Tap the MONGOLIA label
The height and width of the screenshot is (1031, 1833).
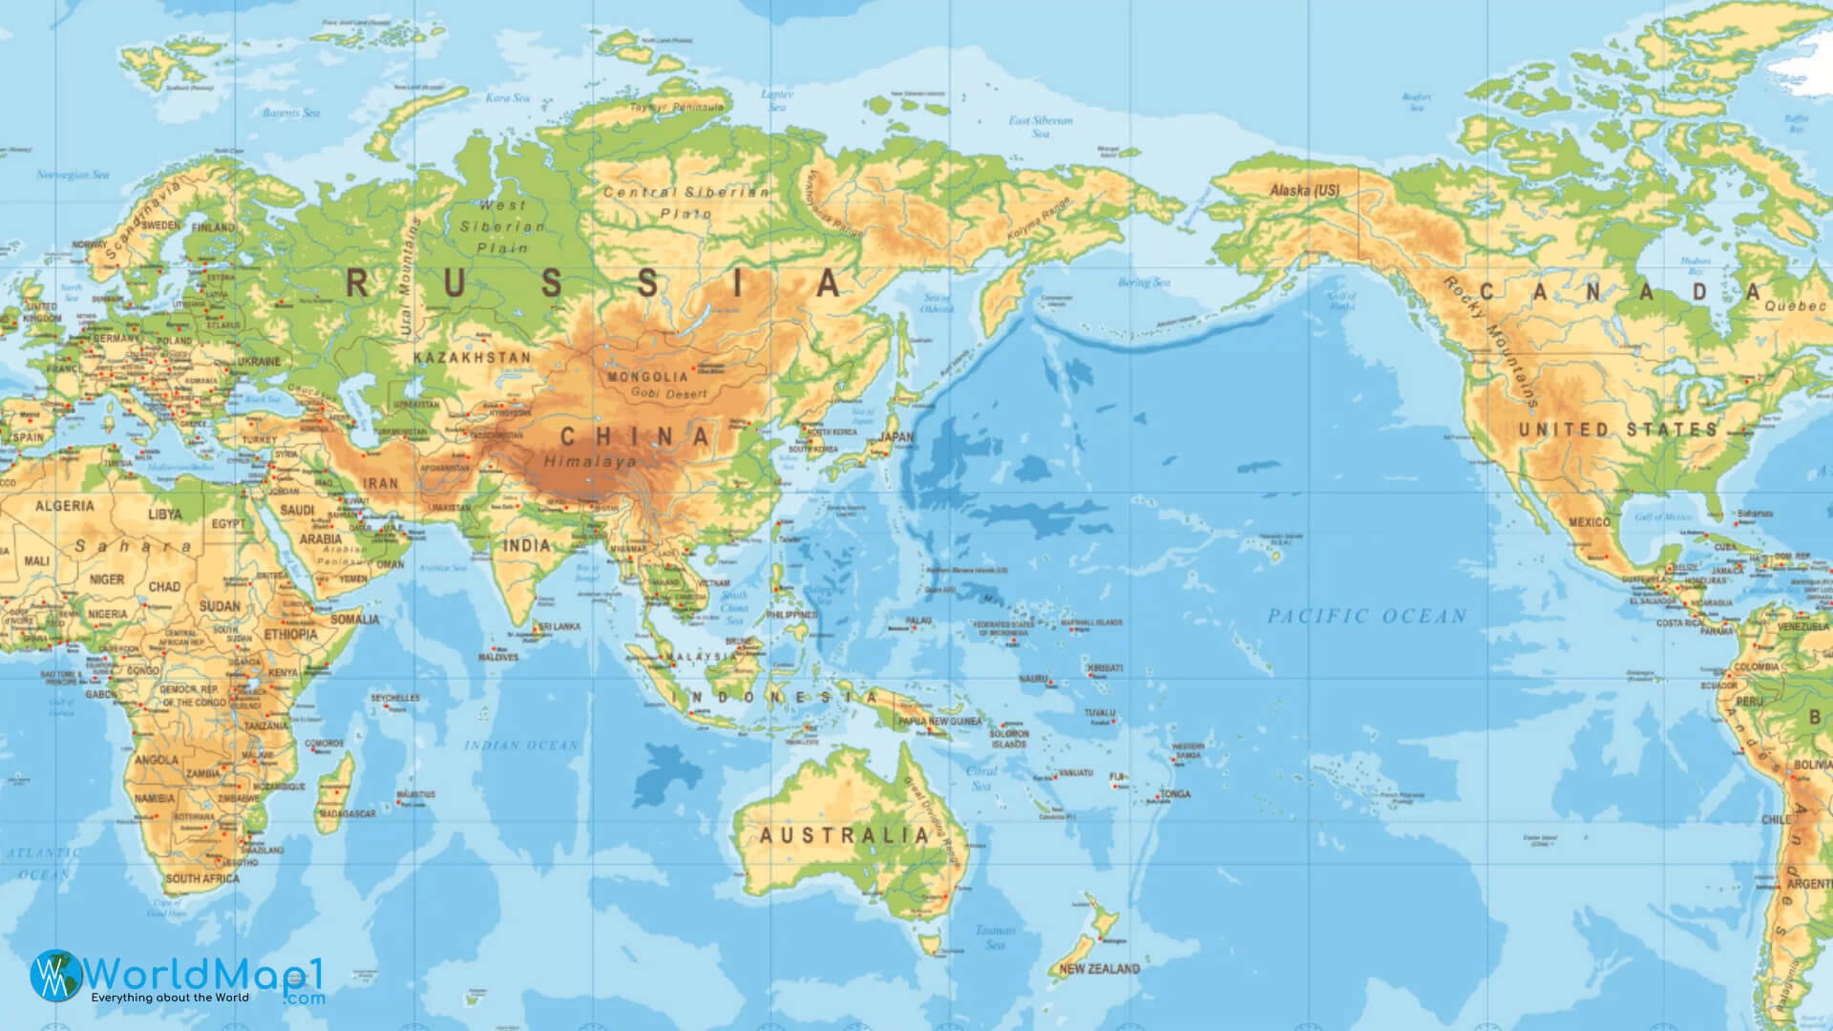coord(647,377)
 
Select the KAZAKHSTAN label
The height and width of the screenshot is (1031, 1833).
coord(472,357)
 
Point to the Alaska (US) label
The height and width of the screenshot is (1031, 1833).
coord(1304,191)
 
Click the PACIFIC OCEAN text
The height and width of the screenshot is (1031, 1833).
coord(1366,617)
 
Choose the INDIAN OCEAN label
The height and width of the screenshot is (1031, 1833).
coord(521,746)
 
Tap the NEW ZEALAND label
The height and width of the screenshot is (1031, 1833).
coord(1099,969)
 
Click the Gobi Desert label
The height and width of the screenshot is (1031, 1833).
coord(675,394)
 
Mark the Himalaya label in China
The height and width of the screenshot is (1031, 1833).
coord(589,461)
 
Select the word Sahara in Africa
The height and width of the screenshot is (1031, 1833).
coord(134,547)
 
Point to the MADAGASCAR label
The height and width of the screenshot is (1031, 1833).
coord(347,814)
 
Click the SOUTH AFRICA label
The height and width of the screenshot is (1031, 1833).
coord(202,878)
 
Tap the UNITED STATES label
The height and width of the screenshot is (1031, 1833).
coord(1617,431)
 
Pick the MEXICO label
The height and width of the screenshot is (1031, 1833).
coord(1589,522)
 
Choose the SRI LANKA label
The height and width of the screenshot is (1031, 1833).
coord(559,627)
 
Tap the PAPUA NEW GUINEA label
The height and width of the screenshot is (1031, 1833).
coord(939,722)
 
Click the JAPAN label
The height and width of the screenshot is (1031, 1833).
coord(895,437)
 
